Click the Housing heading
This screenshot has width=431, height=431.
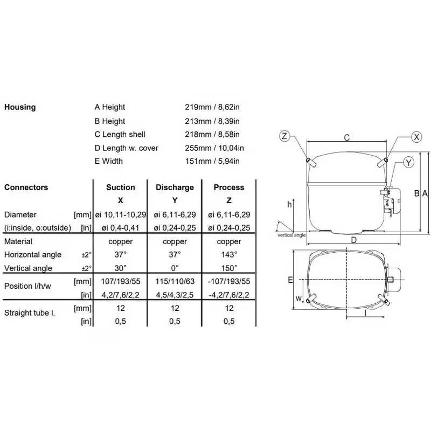20,107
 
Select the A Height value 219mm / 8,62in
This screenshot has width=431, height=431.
212,107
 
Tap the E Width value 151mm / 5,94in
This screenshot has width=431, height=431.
212,161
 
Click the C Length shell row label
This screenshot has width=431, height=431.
120,134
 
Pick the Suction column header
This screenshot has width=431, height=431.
120,187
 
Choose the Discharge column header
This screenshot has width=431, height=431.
175,187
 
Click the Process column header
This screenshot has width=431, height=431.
229,187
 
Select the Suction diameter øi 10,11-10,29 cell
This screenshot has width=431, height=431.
120,214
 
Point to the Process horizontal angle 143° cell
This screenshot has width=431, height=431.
229,254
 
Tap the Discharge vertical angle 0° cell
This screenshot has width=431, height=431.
175,268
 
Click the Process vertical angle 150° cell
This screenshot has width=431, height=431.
229,268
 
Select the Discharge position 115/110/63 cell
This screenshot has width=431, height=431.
175,281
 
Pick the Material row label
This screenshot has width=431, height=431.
18,241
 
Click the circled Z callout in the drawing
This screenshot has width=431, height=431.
285,136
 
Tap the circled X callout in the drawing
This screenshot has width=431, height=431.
416,137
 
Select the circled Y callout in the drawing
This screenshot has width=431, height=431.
409,162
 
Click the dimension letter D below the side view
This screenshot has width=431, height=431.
353,240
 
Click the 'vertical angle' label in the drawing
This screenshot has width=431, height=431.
291,235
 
